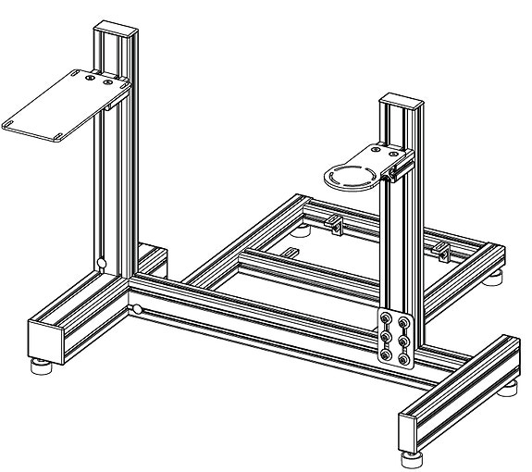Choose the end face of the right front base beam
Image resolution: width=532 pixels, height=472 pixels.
(x=414, y=430)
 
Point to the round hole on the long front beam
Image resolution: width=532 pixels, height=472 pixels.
(x=136, y=309)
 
